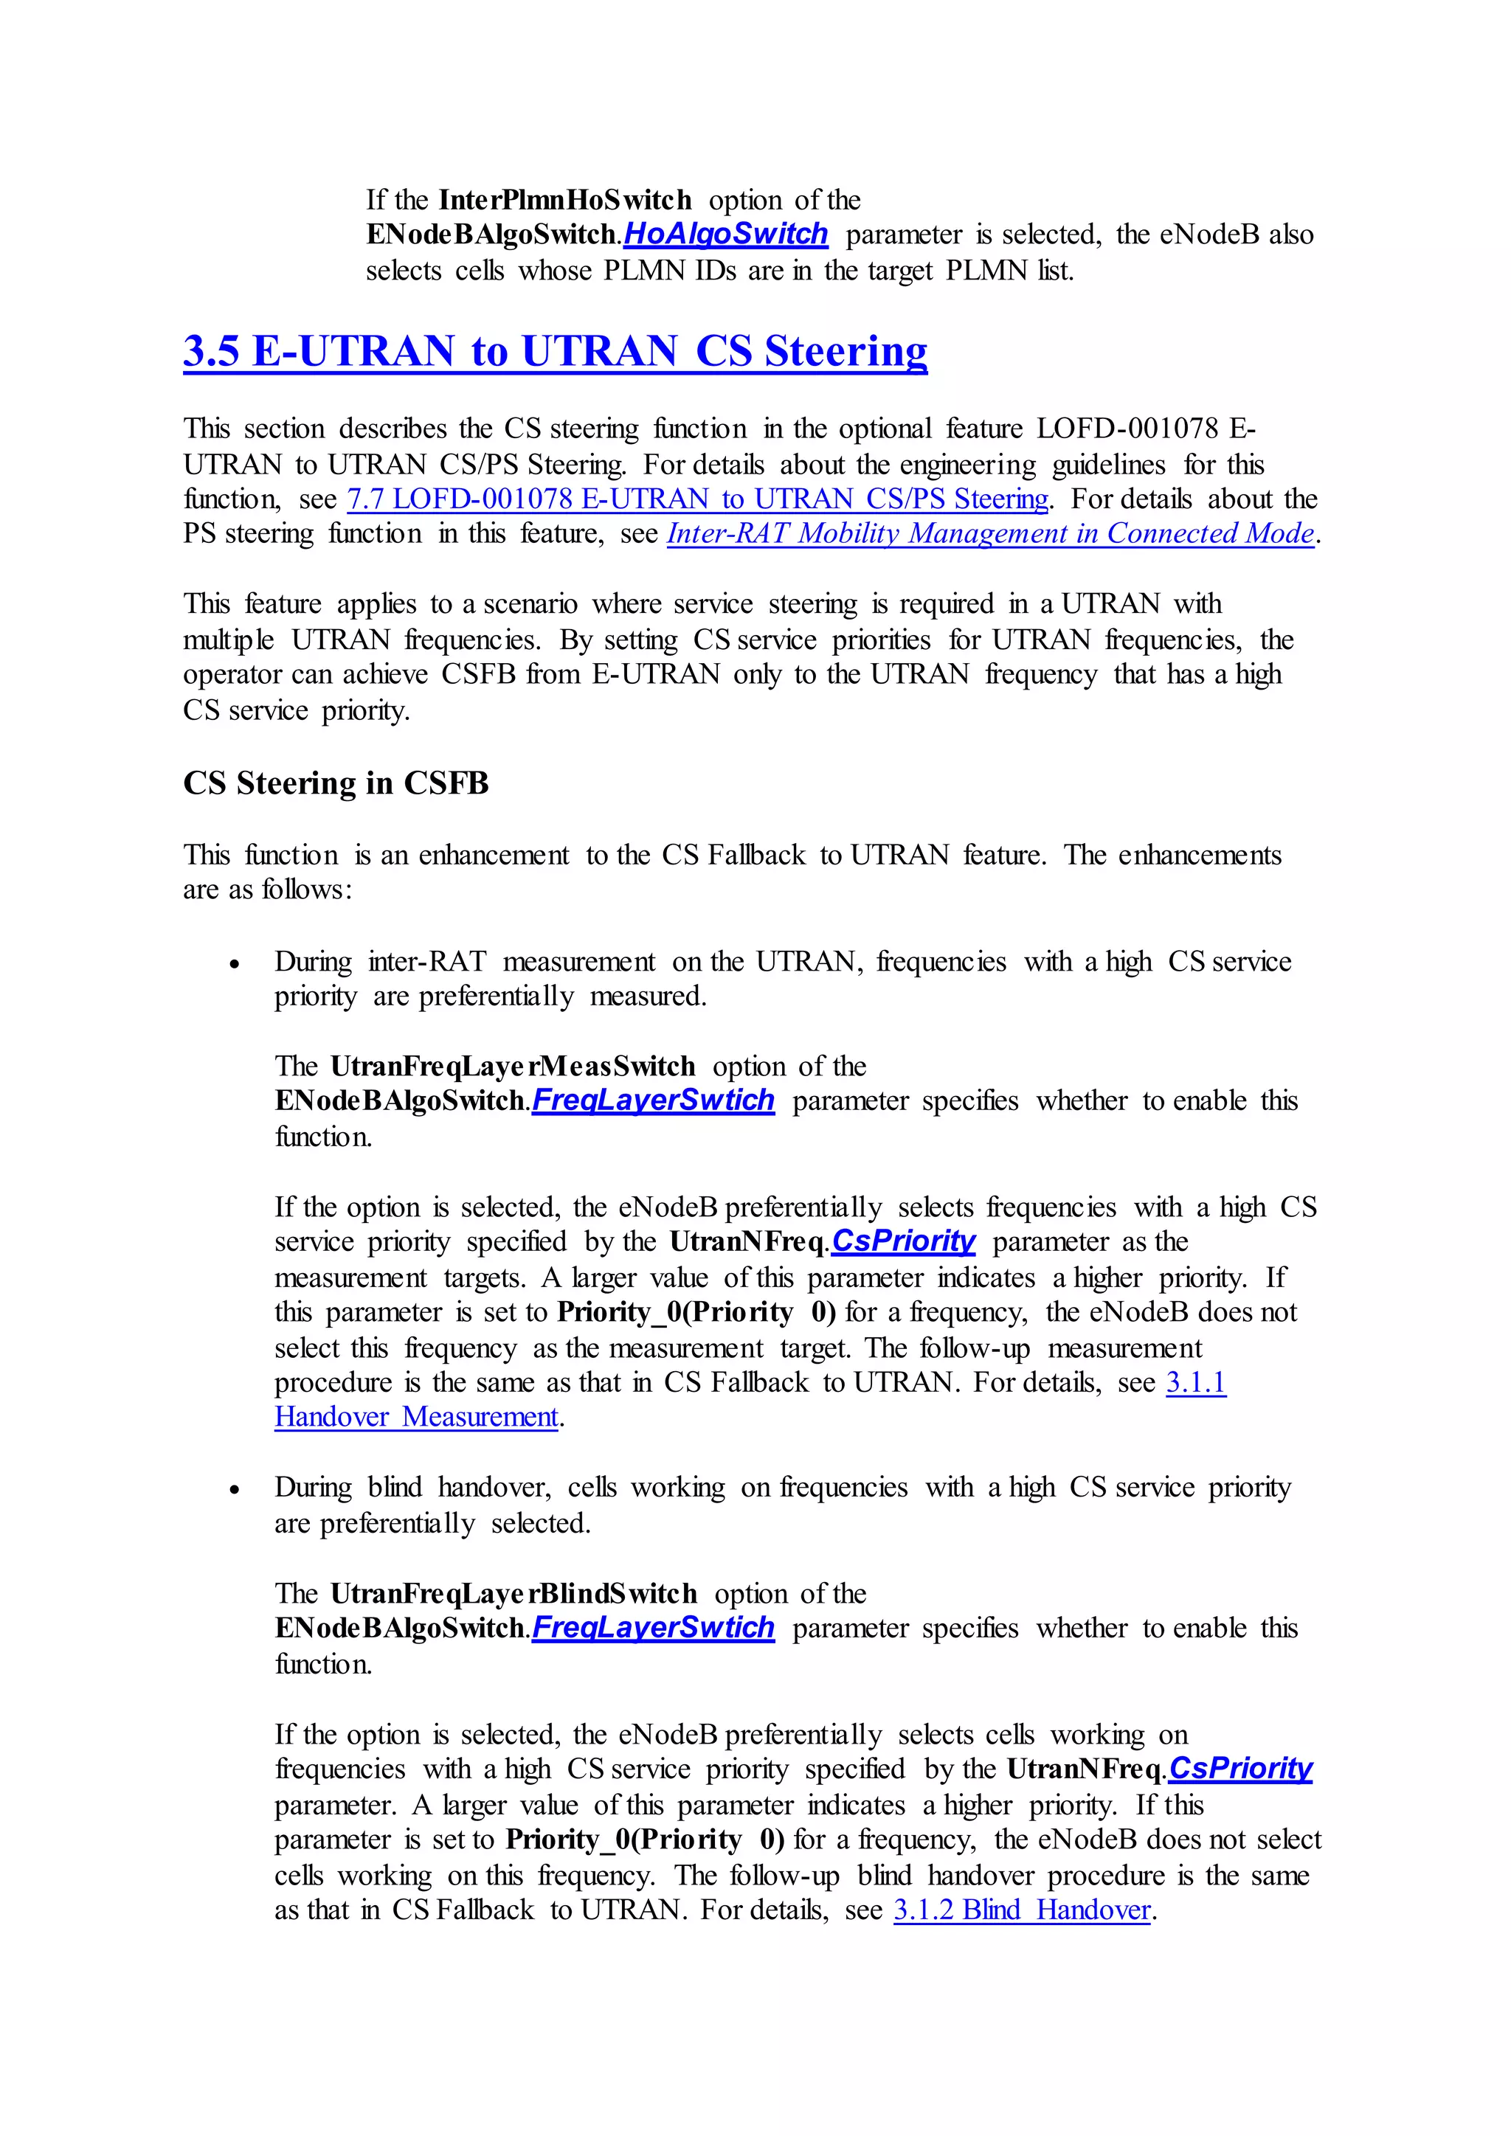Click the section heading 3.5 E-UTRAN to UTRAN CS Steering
click(x=555, y=352)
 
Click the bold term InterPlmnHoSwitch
click(x=564, y=200)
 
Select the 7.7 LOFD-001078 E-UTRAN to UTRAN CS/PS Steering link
click(x=698, y=499)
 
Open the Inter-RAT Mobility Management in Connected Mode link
click(x=991, y=534)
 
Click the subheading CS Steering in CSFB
click(x=336, y=783)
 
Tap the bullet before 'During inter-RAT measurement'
click(x=235, y=964)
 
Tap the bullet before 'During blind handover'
click(x=235, y=1489)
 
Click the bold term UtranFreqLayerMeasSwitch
click(x=513, y=1066)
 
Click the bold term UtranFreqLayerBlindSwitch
click(x=514, y=1594)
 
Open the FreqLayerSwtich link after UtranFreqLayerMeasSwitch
click(x=652, y=1100)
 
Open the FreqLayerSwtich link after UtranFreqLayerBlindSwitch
click(x=652, y=1628)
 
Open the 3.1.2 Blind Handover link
click(x=1022, y=1910)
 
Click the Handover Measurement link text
click(x=416, y=1417)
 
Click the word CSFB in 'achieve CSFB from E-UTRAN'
click(x=478, y=674)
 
